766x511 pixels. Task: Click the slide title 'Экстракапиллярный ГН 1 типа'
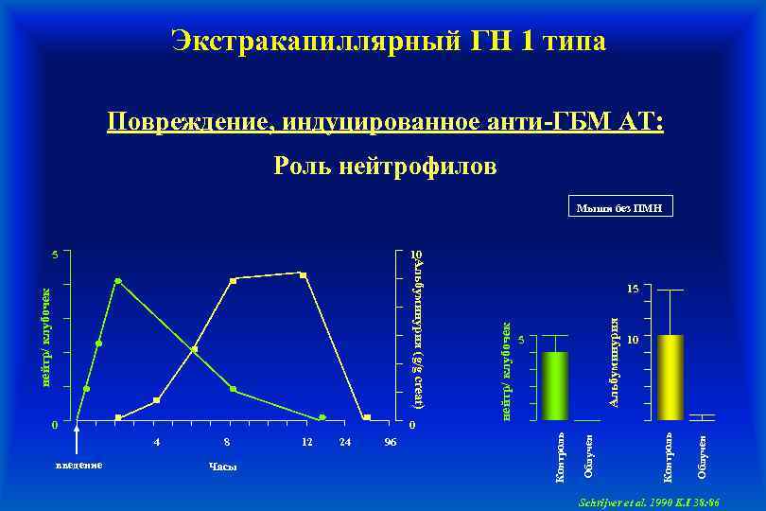coord(389,41)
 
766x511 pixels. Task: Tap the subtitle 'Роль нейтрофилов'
coord(384,167)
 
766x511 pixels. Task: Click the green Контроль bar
coord(555,385)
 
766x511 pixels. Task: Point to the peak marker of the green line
coord(117,281)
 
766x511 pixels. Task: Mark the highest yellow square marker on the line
coord(303,274)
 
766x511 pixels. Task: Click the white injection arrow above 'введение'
coord(78,440)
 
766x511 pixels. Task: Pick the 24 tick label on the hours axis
coord(345,442)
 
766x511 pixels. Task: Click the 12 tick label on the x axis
coord(305,442)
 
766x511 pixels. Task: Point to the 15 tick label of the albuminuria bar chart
coord(634,288)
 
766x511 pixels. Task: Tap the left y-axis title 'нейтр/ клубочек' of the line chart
coord(44,338)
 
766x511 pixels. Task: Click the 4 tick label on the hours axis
coord(157,442)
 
